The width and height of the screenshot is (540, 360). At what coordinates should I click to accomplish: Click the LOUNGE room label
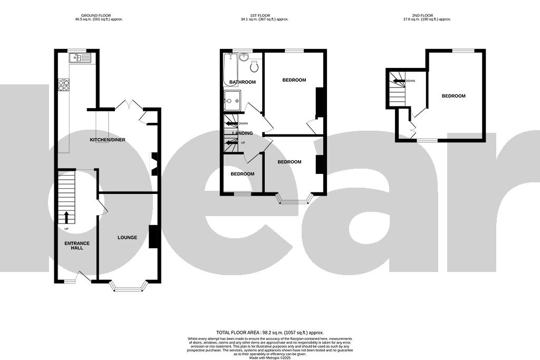[x=127, y=238]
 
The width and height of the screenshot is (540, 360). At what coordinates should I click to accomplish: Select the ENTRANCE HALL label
[x=77, y=246]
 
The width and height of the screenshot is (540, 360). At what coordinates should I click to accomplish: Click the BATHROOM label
[x=243, y=82]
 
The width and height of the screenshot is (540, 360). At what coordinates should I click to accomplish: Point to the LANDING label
[x=242, y=133]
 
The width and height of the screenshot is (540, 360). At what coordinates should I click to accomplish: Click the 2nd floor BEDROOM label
[x=454, y=96]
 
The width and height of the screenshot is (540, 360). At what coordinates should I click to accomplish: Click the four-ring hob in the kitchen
[x=63, y=85]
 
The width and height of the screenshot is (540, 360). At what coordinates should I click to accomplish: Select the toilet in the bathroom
[x=254, y=66]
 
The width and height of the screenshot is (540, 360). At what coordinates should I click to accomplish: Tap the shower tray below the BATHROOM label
[x=232, y=99]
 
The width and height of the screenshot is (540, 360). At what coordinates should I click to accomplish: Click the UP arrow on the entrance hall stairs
[x=66, y=217]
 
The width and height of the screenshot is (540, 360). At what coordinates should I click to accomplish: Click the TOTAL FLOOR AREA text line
[x=269, y=333]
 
